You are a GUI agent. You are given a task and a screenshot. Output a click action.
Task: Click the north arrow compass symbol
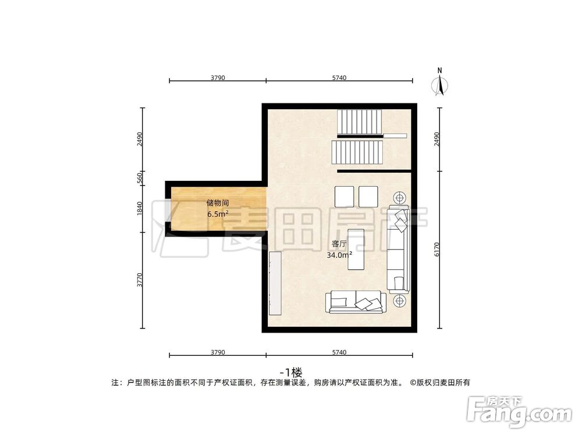click(441, 85)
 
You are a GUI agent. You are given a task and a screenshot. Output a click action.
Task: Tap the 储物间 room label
click(217, 203)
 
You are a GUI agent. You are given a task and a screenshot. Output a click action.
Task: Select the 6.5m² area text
click(217, 213)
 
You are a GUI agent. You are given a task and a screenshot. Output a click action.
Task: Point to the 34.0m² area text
click(340, 255)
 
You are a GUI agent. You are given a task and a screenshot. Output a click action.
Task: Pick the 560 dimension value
click(140, 177)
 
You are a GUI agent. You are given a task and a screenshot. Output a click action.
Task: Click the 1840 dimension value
click(140, 208)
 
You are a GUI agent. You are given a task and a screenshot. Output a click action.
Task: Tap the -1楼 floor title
click(291, 371)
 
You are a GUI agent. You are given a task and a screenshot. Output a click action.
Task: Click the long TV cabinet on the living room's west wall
click(275, 283)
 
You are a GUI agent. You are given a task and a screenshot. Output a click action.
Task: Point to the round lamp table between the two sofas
click(400, 301)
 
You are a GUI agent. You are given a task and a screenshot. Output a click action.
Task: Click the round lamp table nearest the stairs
click(400, 196)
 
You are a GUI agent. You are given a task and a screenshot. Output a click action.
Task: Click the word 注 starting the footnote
click(115, 383)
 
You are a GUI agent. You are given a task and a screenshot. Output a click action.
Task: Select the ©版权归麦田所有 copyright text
click(440, 383)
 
